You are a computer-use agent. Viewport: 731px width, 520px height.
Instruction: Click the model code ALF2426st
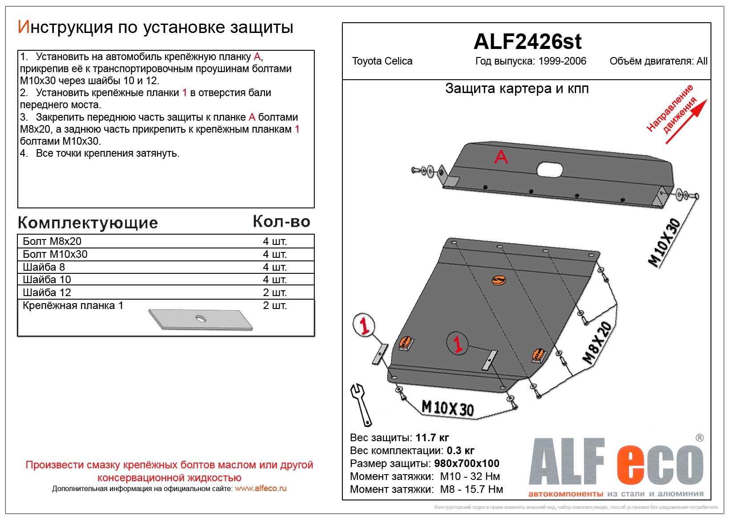(527, 42)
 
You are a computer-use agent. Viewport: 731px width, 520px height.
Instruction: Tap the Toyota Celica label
(382, 61)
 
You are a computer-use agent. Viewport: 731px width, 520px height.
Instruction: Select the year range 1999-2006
(562, 61)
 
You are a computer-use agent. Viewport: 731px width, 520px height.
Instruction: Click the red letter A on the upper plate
(501, 157)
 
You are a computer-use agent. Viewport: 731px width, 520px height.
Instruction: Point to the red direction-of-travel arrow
(686, 122)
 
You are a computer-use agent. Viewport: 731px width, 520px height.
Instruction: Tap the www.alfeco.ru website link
(260, 488)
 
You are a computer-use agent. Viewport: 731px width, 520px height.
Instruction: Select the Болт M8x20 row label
(52, 241)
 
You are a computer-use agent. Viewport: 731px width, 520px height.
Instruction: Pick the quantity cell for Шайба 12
(274, 292)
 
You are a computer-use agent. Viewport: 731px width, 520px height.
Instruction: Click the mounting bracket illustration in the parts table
(200, 319)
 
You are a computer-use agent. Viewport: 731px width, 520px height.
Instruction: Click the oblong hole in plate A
(550, 169)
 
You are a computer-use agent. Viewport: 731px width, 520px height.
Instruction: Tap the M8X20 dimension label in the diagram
(597, 343)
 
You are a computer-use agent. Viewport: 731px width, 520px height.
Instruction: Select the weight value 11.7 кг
(432, 438)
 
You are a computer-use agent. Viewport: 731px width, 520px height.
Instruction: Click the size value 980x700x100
(467, 463)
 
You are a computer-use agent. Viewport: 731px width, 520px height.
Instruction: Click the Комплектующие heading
(88, 223)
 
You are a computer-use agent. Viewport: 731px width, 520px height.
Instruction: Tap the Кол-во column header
(281, 222)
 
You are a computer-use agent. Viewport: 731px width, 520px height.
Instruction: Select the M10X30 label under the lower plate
(447, 407)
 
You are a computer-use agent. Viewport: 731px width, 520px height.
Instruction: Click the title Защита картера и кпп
(516, 89)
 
